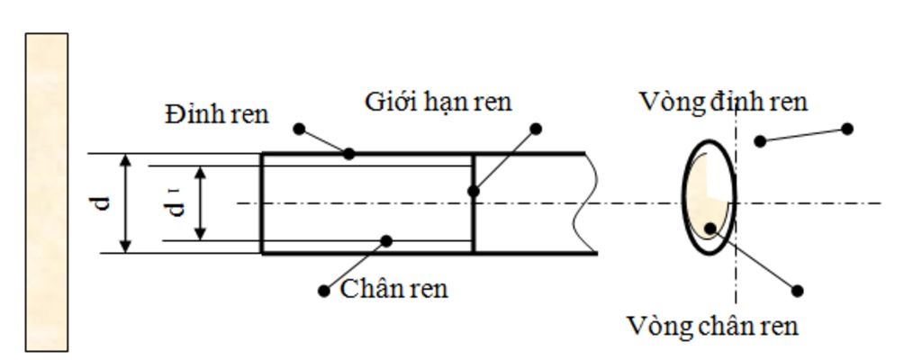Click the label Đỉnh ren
[x=217, y=114]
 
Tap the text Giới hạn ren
[x=438, y=102]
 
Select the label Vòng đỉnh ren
[x=723, y=102]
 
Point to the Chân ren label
[x=393, y=290]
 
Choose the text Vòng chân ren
[x=712, y=325]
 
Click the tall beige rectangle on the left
[x=46, y=192]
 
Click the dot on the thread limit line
[x=474, y=191]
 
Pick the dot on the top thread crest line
[x=349, y=154]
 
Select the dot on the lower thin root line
[x=386, y=240]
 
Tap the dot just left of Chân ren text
[x=324, y=291]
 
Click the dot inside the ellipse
[x=710, y=228]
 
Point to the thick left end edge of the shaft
[x=261, y=203]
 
